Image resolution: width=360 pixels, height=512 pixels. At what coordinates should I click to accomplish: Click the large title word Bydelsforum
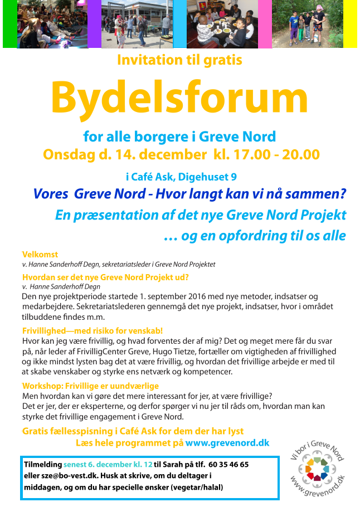point(179,97)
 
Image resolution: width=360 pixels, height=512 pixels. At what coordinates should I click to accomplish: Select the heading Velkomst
point(40,255)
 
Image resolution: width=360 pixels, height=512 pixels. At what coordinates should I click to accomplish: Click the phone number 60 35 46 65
point(228,464)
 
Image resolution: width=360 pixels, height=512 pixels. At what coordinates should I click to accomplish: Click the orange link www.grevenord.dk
point(227,443)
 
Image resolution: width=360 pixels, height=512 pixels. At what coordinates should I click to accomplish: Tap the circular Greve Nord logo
point(317,468)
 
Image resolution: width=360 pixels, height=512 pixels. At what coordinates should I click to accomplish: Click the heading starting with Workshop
point(90,386)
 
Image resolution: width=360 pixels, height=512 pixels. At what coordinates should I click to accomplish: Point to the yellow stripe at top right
point(350,24)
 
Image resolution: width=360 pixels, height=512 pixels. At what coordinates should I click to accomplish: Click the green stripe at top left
point(9,24)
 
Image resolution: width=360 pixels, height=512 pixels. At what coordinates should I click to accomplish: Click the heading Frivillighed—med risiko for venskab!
point(92,330)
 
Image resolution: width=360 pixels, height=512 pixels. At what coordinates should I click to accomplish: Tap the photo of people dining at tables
point(222,24)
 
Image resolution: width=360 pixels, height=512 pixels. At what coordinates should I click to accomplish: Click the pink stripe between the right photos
point(265,24)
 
